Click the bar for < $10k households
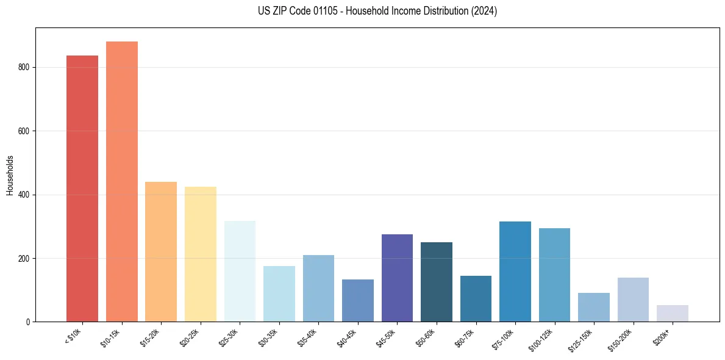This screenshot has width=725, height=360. [x=82, y=189]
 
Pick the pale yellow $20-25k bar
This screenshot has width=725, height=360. [x=201, y=254]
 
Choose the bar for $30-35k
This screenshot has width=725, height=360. [x=279, y=293]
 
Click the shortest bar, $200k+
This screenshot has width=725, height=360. [x=673, y=313]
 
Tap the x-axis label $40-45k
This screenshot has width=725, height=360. [x=347, y=336]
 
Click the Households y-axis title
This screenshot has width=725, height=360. [x=10, y=175]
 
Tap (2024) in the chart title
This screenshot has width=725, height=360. [x=484, y=11]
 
